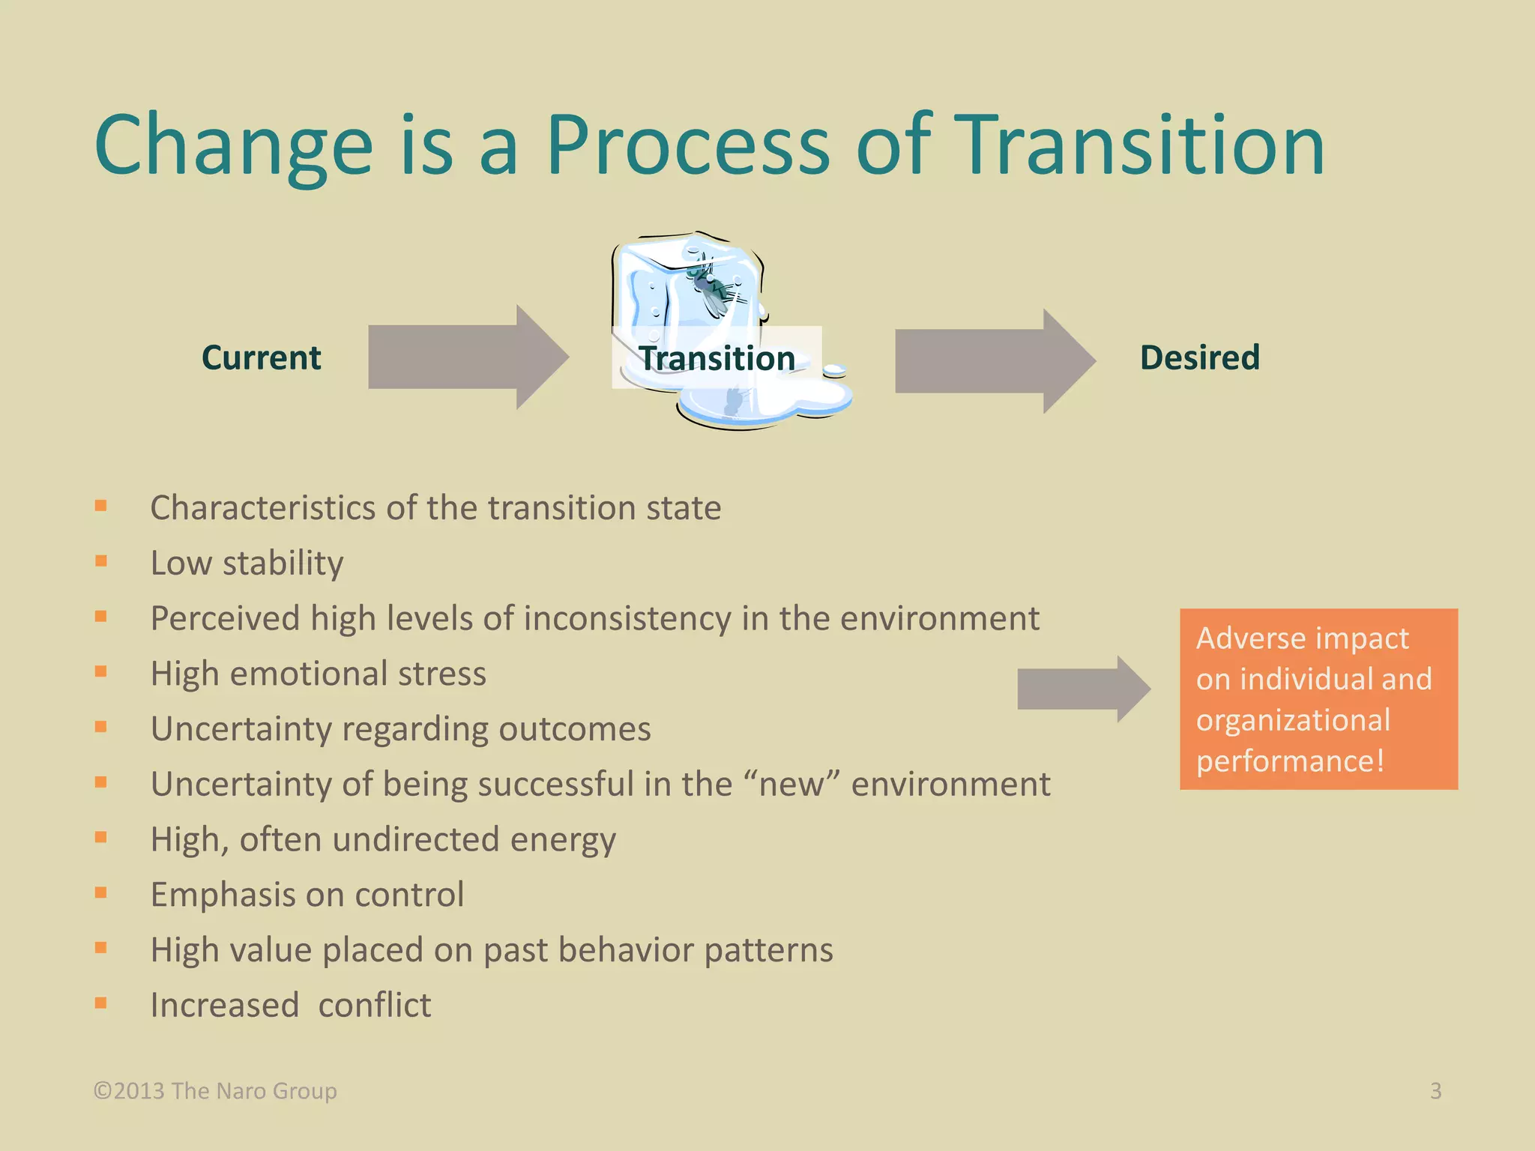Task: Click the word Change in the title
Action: coord(233,146)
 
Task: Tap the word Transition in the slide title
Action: coord(1142,146)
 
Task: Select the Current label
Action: coord(261,357)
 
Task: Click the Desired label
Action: coord(1199,357)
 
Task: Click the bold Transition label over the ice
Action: coord(717,358)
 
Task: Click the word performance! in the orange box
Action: coord(1290,761)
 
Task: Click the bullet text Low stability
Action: coord(247,563)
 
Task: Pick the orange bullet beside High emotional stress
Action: coord(101,671)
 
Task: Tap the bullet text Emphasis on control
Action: coord(307,895)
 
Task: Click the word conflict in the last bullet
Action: coord(374,1005)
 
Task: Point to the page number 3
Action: coord(1435,1091)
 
